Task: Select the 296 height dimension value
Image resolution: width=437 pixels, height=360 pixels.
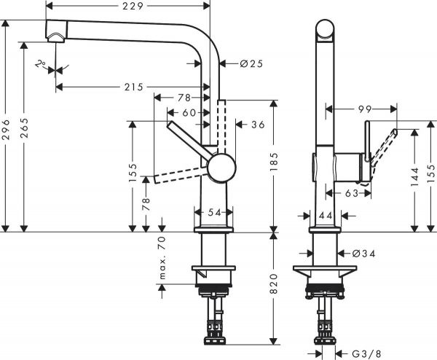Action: pos(7,133)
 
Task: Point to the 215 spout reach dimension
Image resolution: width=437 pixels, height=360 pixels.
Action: pos(132,87)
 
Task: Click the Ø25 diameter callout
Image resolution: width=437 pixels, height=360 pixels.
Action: pos(250,63)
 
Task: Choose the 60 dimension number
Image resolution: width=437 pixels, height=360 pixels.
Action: pos(189,112)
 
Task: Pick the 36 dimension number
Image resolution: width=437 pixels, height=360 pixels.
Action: pos(256,125)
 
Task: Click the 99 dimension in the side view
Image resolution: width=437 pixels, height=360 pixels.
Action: pos(365,109)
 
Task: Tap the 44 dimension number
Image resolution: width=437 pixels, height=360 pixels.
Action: pos(324,216)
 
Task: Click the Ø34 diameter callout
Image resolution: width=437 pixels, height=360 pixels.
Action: pos(362,254)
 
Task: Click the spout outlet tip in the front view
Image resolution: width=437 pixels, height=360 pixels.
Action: pos(53,33)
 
